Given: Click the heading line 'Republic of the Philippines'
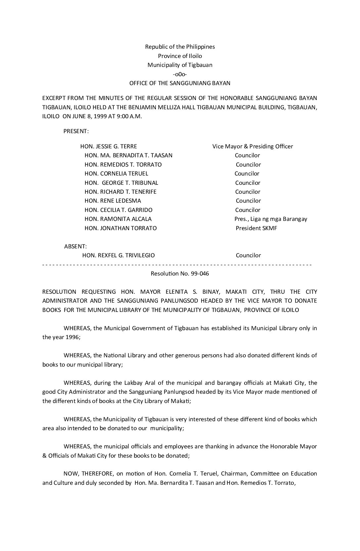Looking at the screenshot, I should click(x=180, y=47).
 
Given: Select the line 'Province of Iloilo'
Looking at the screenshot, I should click(x=180, y=56).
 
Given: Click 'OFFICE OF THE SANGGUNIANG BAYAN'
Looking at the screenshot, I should click(x=180, y=83).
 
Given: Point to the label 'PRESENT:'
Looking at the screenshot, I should click(x=76, y=131).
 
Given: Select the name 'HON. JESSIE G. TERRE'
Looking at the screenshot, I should click(x=109, y=146).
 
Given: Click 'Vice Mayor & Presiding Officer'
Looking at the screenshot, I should click(x=252, y=146).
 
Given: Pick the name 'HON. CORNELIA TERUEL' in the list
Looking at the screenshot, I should click(x=116, y=174).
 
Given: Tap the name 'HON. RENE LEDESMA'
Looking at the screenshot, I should click(x=112, y=201).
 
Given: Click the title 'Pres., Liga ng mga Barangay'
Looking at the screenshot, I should click(x=271, y=219).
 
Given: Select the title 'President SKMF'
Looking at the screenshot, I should click(x=256, y=228).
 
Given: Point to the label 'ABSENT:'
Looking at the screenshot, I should click(x=75, y=246).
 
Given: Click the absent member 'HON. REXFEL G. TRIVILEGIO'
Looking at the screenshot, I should click(x=118, y=255).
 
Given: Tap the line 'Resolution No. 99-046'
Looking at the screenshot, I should click(x=180, y=274).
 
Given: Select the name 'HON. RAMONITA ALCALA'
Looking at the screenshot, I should click(x=118, y=219).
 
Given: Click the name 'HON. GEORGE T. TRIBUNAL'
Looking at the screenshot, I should click(x=121, y=183).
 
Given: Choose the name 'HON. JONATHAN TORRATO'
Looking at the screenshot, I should click(x=120, y=228).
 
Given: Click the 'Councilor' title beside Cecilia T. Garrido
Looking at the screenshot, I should click(x=247, y=210).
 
